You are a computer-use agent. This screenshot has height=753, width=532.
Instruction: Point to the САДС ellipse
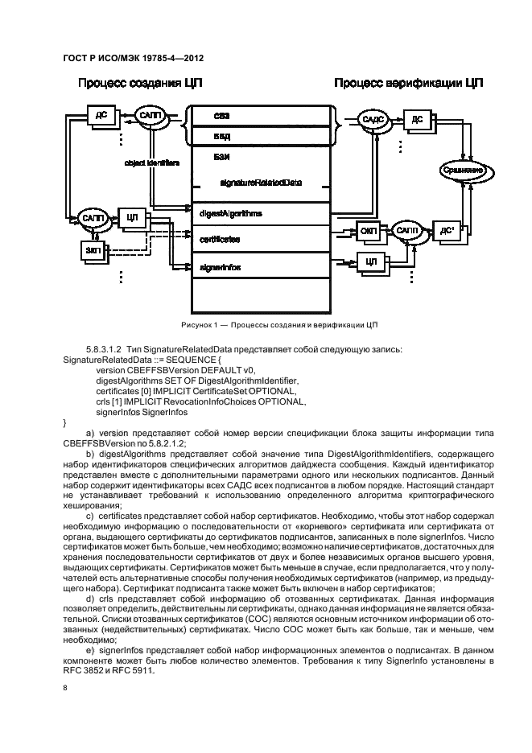(375, 120)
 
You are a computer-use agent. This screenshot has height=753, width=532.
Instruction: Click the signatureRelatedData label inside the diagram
(261, 183)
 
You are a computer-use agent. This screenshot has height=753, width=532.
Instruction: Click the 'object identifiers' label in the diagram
(151, 163)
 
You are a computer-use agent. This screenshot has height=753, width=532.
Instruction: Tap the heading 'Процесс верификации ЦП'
(402, 83)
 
